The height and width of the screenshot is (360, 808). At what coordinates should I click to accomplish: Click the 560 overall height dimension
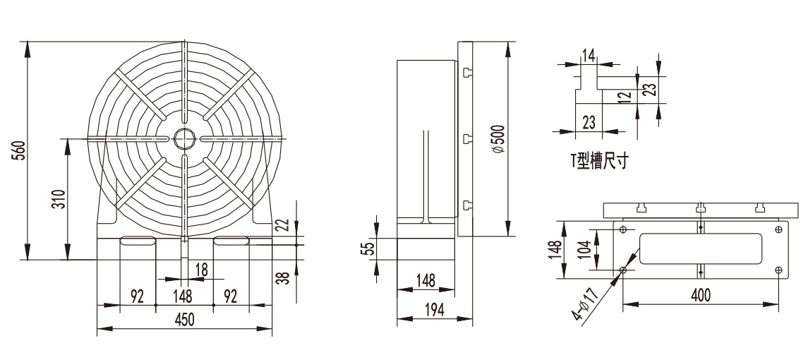pos(18,150)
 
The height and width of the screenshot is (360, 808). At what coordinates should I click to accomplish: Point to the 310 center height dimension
pos(59,199)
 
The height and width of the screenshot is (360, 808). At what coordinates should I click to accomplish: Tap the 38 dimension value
pos(284,278)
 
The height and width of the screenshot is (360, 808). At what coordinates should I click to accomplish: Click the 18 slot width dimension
pos(202,269)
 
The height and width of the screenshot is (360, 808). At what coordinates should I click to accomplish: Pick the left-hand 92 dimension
pos(137,296)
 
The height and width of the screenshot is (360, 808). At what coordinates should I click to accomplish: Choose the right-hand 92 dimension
pos(230,296)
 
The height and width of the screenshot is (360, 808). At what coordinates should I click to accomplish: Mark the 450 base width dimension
pos(184,320)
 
